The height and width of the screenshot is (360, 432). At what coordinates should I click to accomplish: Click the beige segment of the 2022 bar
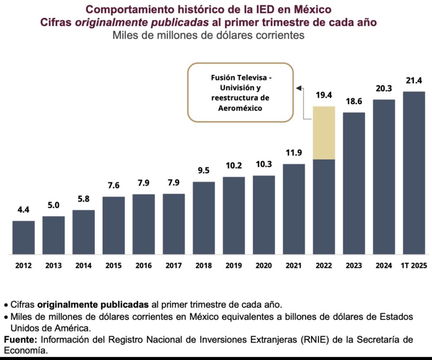click(x=324, y=133)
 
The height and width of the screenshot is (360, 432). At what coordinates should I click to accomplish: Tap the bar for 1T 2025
click(x=414, y=173)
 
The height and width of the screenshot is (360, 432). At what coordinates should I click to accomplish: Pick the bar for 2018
click(x=204, y=218)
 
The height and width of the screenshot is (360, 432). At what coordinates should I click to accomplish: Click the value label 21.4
click(x=414, y=81)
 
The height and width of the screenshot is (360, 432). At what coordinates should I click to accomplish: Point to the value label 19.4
click(x=324, y=95)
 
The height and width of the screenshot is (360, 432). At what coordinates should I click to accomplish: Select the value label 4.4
click(x=24, y=210)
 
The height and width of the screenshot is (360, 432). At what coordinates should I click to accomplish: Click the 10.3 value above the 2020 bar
click(x=264, y=164)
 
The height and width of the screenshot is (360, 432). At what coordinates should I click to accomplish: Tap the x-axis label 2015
click(x=113, y=266)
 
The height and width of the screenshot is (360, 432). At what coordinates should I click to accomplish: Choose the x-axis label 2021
click(x=294, y=266)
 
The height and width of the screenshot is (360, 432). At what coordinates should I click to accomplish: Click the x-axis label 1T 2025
click(x=414, y=266)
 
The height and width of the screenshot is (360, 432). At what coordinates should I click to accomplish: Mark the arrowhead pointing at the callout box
click(x=298, y=88)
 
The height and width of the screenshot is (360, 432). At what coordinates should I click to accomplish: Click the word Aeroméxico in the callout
click(x=240, y=108)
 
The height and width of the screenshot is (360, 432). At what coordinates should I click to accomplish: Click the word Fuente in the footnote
click(x=16, y=340)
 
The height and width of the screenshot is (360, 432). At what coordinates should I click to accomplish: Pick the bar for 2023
click(x=354, y=183)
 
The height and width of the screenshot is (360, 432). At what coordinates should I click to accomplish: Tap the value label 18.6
click(x=354, y=102)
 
